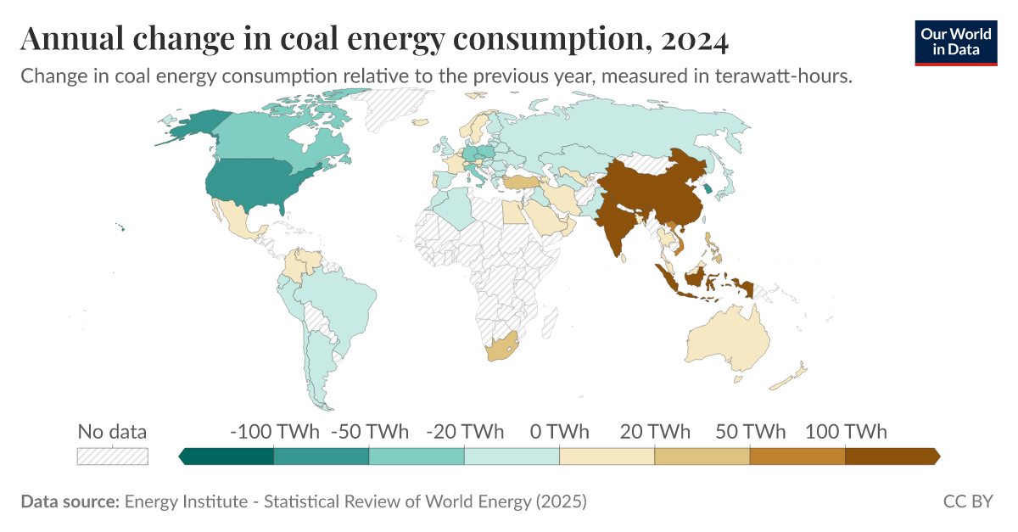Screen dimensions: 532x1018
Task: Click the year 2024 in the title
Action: tap(693, 39)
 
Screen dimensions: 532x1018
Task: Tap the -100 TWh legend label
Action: tap(274, 431)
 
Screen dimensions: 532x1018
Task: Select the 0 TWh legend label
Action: tap(559, 431)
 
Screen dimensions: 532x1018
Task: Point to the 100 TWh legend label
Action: tap(846, 431)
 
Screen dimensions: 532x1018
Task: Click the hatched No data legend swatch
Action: tap(112, 456)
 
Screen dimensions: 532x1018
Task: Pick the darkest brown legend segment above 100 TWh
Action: tap(891, 456)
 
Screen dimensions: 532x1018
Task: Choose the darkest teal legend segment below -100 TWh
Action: tap(227, 456)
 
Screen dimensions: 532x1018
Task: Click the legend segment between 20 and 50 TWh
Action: tap(702, 456)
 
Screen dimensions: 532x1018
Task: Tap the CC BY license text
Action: tap(967, 501)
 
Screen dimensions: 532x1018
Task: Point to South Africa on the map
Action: tap(501, 348)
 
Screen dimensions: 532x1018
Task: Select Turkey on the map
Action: tap(518, 182)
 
